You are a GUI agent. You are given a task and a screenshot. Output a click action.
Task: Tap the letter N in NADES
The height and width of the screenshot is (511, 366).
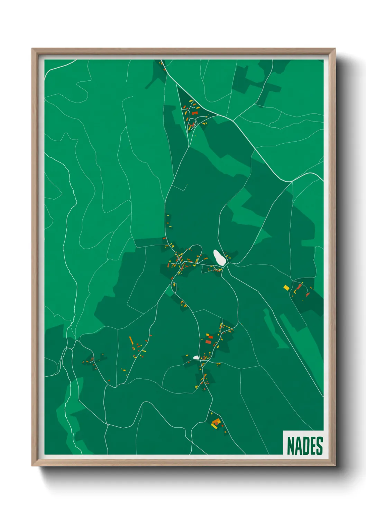[x=291, y=446]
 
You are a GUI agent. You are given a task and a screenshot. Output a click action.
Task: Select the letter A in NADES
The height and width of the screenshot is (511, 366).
[x=298, y=446]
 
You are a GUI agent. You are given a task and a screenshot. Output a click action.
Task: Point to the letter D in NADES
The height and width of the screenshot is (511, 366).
[x=305, y=446]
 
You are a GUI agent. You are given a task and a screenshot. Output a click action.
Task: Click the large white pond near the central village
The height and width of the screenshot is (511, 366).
[x=219, y=258]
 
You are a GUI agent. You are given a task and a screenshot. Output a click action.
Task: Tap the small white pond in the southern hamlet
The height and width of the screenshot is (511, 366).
[x=196, y=358]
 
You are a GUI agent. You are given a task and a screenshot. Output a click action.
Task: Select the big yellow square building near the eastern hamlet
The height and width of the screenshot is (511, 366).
[x=286, y=287]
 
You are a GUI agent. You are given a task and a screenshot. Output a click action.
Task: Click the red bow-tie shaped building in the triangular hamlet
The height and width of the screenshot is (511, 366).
[x=194, y=113]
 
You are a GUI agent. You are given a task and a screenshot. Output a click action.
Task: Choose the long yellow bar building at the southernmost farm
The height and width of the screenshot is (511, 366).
[x=214, y=425]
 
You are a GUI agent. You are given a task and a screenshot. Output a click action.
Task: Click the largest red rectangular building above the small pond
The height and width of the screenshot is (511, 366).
[x=208, y=342]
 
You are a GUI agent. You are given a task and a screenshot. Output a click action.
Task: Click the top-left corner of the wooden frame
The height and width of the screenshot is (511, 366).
[x=32, y=49]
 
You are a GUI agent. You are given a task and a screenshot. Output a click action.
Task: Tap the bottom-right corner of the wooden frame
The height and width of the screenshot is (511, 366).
[x=335, y=466]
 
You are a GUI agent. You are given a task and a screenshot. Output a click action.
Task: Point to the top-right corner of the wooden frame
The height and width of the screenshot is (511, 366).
[x=335, y=49]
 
